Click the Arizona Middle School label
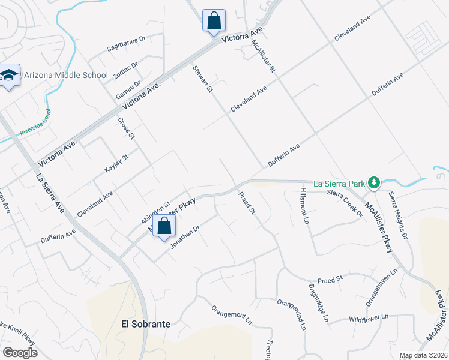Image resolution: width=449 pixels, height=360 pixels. click(66, 76)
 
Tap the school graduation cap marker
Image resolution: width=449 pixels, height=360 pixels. click(10, 76)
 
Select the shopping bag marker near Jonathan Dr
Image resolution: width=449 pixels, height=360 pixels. click(164, 227)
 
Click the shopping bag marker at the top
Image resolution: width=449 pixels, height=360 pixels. click(213, 20)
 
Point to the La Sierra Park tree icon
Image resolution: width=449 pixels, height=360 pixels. click(373, 181)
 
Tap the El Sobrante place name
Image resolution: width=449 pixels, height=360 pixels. click(146, 324)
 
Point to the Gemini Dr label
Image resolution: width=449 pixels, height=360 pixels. click(129, 91)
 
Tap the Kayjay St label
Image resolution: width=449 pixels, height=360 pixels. click(116, 164)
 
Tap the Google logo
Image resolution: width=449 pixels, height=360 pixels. click(20, 353)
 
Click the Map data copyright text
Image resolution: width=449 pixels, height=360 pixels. click(424, 355)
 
